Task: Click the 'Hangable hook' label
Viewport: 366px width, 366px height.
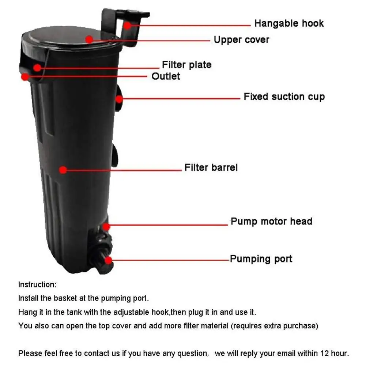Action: click(x=289, y=24)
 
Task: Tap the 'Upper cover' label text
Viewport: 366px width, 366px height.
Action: click(x=241, y=39)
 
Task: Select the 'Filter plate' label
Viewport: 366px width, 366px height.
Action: click(x=186, y=65)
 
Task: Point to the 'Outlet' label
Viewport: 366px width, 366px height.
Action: click(x=166, y=76)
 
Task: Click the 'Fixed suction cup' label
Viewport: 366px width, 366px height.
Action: click(x=284, y=97)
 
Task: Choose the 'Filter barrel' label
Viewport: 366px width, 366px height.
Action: click(x=211, y=168)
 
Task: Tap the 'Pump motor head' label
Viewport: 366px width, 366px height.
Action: click(x=271, y=222)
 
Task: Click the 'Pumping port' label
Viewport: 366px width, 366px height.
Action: click(x=261, y=259)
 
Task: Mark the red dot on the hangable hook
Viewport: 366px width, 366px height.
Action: click(x=127, y=25)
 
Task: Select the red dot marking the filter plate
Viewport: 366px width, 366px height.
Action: click(x=37, y=67)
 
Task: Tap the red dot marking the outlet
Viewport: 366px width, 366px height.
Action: click(x=25, y=77)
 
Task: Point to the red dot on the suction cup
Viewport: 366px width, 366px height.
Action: click(x=119, y=98)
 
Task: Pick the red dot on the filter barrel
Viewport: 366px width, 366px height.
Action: click(x=63, y=170)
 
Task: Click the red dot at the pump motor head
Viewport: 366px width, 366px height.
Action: click(x=106, y=227)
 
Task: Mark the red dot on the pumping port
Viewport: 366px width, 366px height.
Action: click(x=108, y=260)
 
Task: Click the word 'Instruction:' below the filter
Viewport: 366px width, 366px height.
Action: click(x=37, y=284)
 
